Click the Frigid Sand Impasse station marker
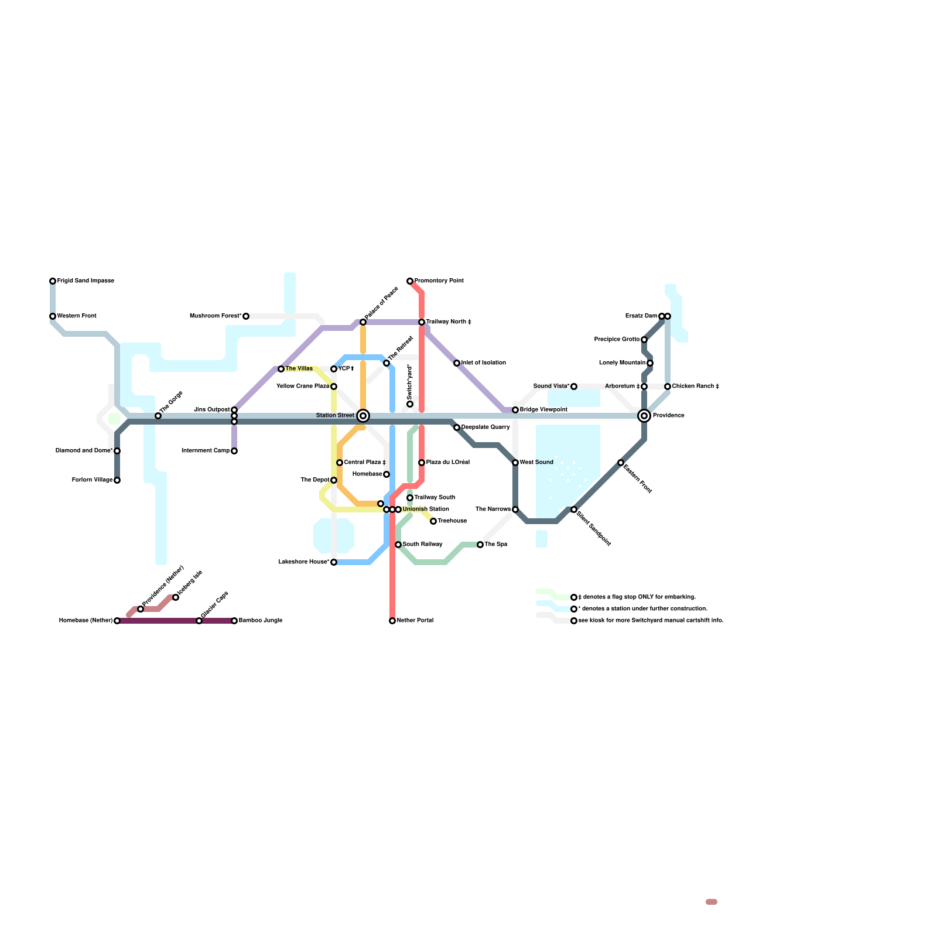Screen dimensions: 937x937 (x=53, y=281)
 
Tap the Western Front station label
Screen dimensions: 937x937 (x=77, y=316)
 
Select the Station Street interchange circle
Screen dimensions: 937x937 (x=363, y=416)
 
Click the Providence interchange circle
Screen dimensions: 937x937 (x=644, y=416)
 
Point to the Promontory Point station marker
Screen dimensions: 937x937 (x=410, y=281)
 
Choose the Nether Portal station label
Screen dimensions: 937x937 (x=415, y=621)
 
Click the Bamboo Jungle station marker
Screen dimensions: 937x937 (x=234, y=621)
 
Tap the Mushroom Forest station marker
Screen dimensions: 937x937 (x=246, y=316)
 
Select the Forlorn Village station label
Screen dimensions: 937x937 (x=93, y=480)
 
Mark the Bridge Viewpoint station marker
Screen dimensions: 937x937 (x=515, y=410)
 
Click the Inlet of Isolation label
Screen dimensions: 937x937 (x=484, y=363)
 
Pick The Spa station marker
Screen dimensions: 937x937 (x=480, y=545)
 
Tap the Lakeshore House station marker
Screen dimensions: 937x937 (x=334, y=562)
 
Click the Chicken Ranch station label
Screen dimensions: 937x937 (x=696, y=387)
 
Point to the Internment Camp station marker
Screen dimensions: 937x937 (x=234, y=451)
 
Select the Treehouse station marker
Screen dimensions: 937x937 (x=433, y=521)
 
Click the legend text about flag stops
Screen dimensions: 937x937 (x=637, y=597)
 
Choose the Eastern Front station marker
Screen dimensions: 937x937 (x=621, y=463)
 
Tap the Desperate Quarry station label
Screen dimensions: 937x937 (x=485, y=428)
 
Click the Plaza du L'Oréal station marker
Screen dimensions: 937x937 (x=422, y=463)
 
